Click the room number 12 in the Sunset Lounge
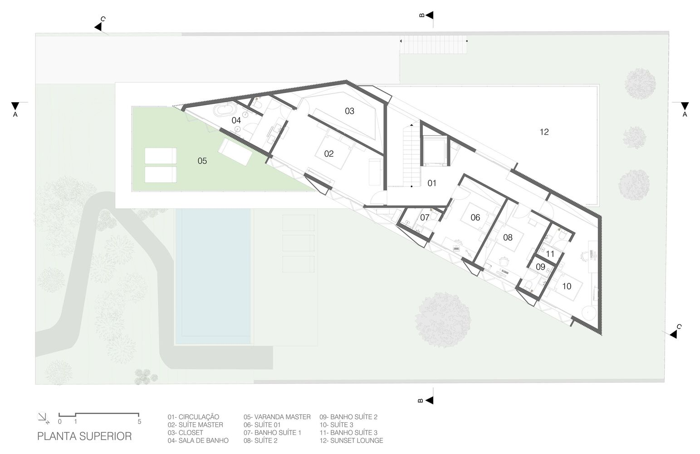[x=544, y=132]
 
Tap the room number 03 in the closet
[x=349, y=111]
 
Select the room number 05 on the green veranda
[x=202, y=161]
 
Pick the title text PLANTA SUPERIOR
[x=84, y=436]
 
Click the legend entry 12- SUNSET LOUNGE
[x=351, y=440]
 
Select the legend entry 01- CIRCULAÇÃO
[x=193, y=417]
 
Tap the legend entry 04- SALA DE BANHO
[x=198, y=440]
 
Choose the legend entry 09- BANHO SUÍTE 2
[x=348, y=417]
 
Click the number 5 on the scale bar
[x=139, y=421]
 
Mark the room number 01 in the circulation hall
[x=431, y=183]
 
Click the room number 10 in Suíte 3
[x=567, y=286]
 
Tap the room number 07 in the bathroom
[x=424, y=217]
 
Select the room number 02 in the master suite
[x=329, y=153]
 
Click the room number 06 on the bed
[x=475, y=217]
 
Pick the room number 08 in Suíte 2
[x=508, y=237]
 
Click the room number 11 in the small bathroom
[x=550, y=254]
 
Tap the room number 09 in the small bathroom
[x=540, y=266]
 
